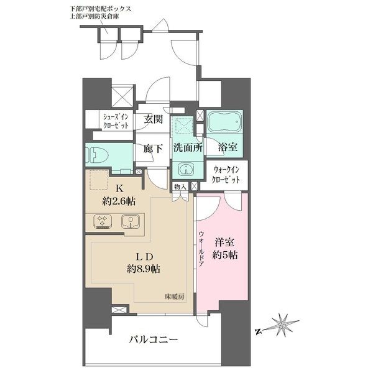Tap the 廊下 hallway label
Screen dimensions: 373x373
(154, 149)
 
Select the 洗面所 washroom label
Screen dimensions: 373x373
(186, 149)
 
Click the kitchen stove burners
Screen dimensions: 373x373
(102, 223)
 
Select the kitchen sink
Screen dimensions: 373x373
(131, 222)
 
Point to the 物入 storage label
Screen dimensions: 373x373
(180, 186)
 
